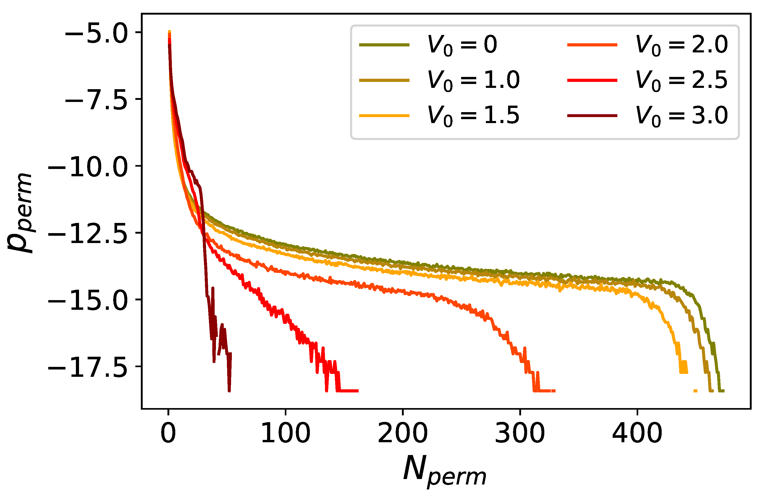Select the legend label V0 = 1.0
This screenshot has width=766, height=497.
pos(473,80)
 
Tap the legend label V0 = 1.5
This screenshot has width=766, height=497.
pos(473,116)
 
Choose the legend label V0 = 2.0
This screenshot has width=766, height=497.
pos(681,45)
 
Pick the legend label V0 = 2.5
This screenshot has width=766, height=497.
pos(681,80)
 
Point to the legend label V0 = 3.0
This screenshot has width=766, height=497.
pos(681,116)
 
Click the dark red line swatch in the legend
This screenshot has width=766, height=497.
pos(592,116)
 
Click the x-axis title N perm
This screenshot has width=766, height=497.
pos(444,470)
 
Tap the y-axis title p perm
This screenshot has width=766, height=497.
pos(20,212)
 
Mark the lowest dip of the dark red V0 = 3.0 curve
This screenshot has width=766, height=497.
pos(229,391)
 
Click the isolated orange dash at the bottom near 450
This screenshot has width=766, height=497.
pos(695,391)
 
